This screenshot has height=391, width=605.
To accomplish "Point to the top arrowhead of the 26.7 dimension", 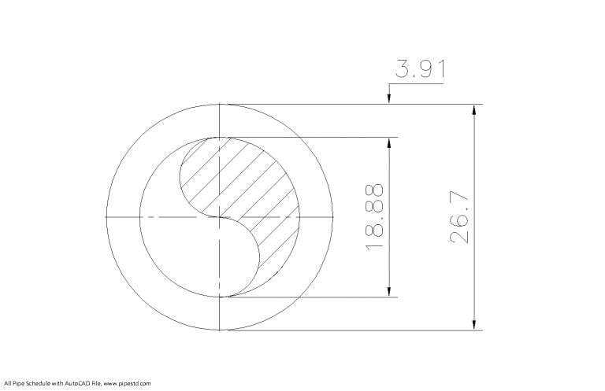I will click(474, 109).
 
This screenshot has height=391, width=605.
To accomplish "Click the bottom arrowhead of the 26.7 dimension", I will click(474, 325).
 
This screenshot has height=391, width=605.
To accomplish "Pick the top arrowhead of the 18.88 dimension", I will click(388, 142).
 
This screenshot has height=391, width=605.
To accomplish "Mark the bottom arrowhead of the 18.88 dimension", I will click(388, 292).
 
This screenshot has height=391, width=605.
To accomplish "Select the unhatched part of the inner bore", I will click(181, 252).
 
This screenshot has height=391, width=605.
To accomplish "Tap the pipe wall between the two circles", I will click(122, 216).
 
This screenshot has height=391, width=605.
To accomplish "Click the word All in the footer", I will click(6, 383).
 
